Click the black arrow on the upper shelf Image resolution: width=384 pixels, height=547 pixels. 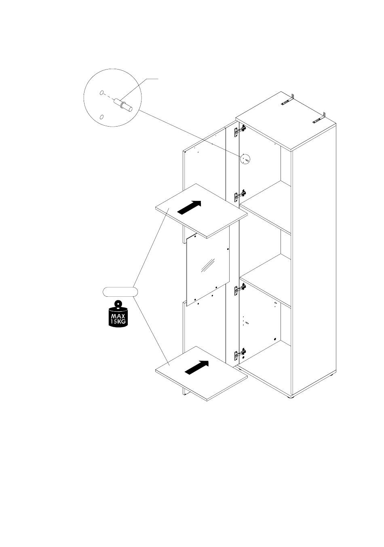(189, 208)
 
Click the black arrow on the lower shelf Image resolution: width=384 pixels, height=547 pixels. (197, 367)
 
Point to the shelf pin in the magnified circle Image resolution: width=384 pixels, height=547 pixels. (124, 105)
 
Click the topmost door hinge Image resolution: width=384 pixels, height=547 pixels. (239, 129)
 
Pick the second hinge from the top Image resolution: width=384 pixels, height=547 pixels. (239, 195)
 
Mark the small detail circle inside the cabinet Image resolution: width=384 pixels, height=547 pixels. (245, 159)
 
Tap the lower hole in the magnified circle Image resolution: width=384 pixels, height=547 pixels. (101, 117)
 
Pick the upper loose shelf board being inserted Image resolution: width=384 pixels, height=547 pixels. (201, 210)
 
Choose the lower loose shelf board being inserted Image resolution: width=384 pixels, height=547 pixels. (201, 373)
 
